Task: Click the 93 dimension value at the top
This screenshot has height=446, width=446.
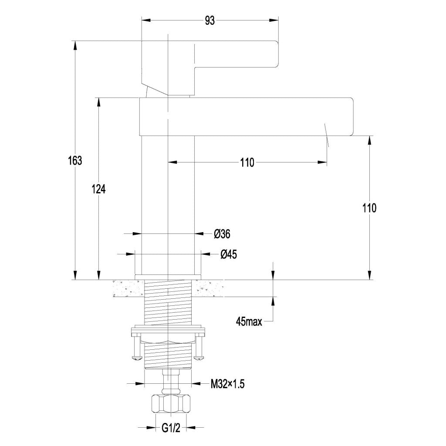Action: pyautogui.click(x=210, y=20)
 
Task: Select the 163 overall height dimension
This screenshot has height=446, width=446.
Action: pyautogui.click(x=75, y=160)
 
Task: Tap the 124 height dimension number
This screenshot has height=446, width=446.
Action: pyautogui.click(x=99, y=189)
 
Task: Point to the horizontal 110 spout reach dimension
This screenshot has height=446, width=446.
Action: pyautogui.click(x=247, y=163)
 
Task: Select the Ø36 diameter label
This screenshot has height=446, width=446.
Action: pyautogui.click(x=222, y=234)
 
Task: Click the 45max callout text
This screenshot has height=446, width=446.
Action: pyautogui.click(x=249, y=322)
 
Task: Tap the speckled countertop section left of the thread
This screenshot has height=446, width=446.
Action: pyautogui.click(x=127, y=288)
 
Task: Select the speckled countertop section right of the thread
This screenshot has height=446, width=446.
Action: pyautogui.click(x=208, y=288)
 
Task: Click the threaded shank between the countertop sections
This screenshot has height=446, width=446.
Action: pyautogui.click(x=168, y=301)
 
